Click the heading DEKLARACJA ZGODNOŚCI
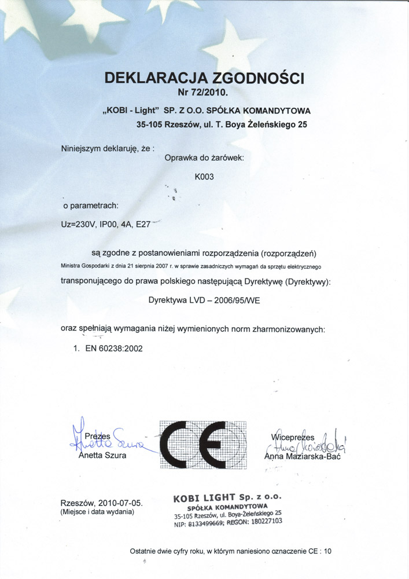(204, 78)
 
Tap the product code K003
(205, 177)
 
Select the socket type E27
(142, 223)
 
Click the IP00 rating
(109, 223)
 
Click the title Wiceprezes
(293, 437)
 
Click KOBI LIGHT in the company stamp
(205, 497)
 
